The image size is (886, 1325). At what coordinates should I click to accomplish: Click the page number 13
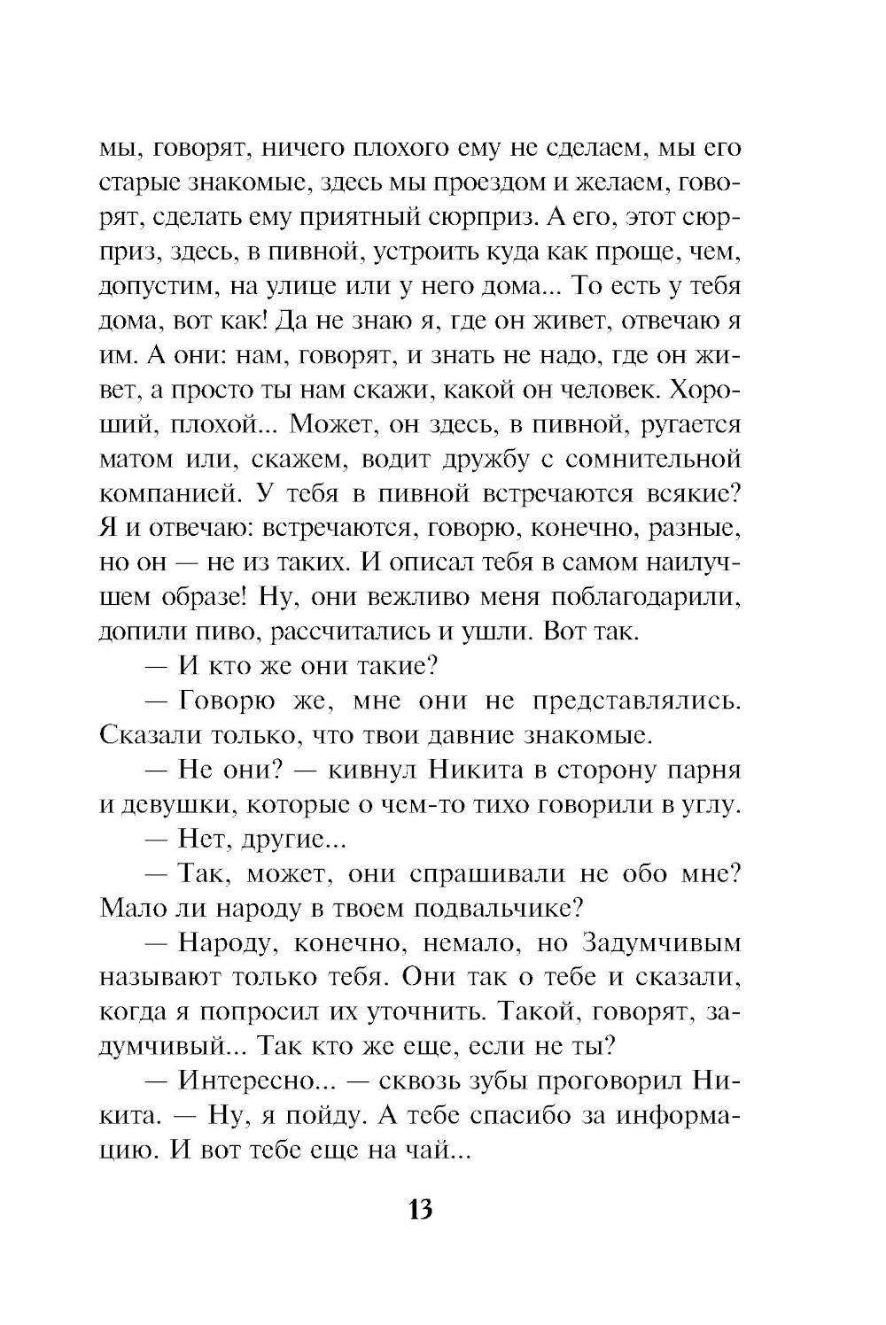[x=421, y=1208]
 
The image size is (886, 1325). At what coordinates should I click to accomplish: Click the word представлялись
[x=636, y=701]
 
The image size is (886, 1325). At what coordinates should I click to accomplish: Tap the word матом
[x=137, y=460]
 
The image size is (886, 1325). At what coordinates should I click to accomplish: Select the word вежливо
[x=416, y=597]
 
